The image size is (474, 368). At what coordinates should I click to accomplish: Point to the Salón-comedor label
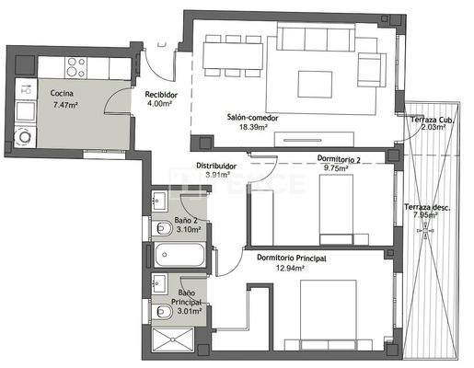coord(252,117)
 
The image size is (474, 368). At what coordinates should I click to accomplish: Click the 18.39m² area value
coord(252,128)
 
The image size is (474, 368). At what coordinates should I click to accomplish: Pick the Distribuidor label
coord(215,166)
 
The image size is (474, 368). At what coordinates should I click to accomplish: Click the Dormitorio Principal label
coord(293,259)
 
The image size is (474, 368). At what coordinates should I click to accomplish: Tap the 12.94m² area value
coord(293,270)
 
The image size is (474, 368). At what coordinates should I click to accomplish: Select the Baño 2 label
coord(187,221)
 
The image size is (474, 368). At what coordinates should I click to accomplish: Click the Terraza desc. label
coord(426,207)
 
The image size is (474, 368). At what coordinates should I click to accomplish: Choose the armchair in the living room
coord(371,67)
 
